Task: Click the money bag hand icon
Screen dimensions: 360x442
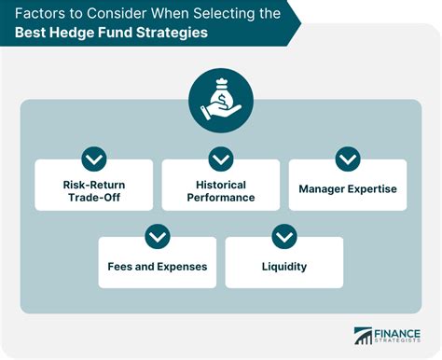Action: click(x=221, y=104)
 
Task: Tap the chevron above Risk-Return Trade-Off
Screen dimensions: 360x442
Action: click(x=94, y=159)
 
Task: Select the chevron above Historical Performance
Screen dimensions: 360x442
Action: click(x=221, y=159)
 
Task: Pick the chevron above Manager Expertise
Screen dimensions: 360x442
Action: click(x=348, y=159)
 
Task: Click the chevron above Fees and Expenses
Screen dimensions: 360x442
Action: click(x=158, y=237)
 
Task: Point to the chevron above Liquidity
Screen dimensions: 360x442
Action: click(x=284, y=237)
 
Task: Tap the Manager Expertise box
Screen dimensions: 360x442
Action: click(x=348, y=188)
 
